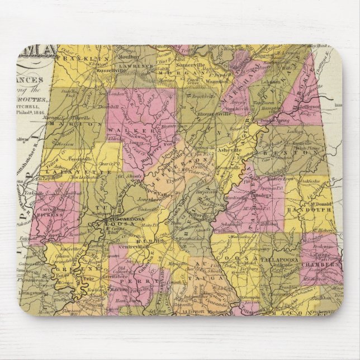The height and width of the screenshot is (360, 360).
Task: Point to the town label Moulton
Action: click(x=128, y=58)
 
